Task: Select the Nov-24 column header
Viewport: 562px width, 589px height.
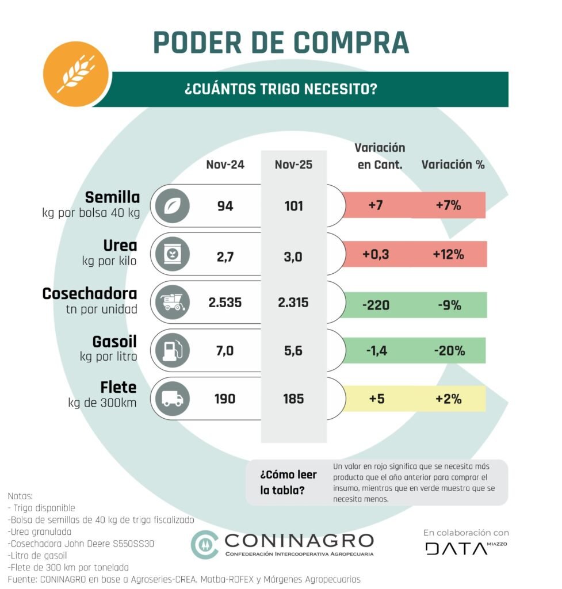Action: coord(225,165)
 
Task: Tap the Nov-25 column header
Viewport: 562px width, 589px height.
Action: coord(293,165)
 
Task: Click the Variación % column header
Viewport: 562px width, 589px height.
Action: coord(453,165)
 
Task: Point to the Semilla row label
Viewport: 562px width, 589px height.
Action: coord(112,197)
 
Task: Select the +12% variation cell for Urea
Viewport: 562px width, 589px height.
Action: coord(449,254)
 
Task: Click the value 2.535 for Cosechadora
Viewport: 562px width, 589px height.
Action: coord(225,303)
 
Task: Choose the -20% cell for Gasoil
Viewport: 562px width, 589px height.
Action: coord(449,350)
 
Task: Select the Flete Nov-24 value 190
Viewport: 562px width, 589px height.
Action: coord(225,398)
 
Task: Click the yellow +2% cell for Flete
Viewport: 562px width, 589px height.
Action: coord(449,398)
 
